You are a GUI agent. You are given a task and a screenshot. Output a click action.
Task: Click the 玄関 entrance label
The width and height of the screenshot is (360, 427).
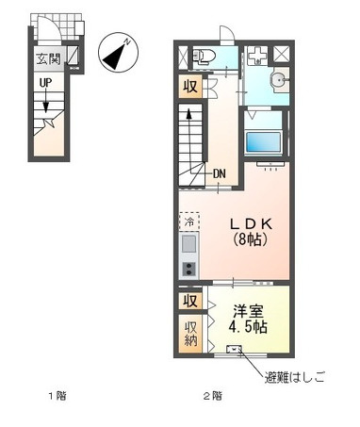click(x=48, y=58)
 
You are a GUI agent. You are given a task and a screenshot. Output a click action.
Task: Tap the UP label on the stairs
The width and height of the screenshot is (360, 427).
click(x=45, y=83)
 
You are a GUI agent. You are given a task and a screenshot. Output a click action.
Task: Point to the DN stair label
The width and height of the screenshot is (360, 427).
click(x=220, y=173)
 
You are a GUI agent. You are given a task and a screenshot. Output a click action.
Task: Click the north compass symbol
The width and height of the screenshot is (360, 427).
click(x=118, y=52)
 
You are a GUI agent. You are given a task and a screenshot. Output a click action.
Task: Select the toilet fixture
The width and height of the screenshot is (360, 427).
click(x=204, y=57)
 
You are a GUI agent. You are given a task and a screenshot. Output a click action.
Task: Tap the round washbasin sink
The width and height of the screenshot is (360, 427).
click(x=278, y=80)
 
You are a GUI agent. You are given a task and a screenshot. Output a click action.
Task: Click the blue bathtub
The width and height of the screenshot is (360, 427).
click(x=263, y=142)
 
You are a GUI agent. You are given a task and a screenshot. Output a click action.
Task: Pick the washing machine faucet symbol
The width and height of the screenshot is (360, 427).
click(x=257, y=57)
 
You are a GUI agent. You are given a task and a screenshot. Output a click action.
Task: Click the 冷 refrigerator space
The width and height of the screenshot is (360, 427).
click(x=189, y=222)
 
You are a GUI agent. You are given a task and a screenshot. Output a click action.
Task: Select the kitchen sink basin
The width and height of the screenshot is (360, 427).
click(x=188, y=244)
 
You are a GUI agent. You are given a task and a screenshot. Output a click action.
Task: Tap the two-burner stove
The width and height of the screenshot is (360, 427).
click(x=189, y=269)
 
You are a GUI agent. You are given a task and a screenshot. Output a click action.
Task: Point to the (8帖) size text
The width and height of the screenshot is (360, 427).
click(x=251, y=239)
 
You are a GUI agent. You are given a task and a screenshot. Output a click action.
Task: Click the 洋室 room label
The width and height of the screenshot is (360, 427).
click(x=248, y=312)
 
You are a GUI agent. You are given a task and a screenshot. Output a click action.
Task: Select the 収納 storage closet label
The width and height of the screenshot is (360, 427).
click(x=190, y=334)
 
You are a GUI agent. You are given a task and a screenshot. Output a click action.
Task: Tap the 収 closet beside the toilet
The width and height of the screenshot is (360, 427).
click(x=190, y=87)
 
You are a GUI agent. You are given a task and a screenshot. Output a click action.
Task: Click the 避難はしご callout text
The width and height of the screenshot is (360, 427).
click(x=294, y=377)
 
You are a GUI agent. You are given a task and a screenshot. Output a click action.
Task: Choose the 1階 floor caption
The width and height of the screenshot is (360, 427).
click(x=57, y=396)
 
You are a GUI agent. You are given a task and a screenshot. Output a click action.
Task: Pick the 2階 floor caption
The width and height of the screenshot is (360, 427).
click(x=213, y=396)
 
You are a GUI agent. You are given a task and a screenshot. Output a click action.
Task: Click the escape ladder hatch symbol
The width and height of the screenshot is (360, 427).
click(x=235, y=349)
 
